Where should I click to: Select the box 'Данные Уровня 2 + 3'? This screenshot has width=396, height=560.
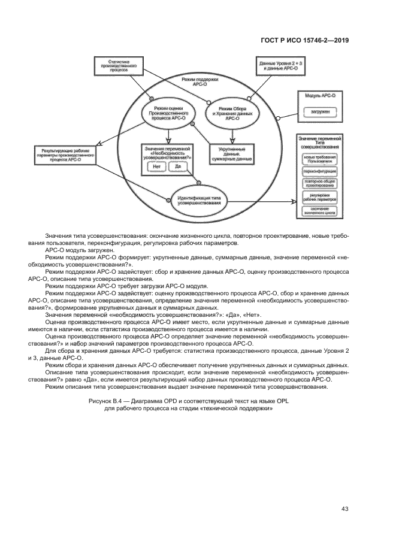[x=280, y=65]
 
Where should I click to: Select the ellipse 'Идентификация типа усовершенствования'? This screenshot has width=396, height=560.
[x=199, y=200]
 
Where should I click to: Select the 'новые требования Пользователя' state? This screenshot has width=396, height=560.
[x=319, y=159]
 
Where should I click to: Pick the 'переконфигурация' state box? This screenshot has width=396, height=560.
[x=319, y=172]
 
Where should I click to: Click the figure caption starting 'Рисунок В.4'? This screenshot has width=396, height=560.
[x=197, y=404]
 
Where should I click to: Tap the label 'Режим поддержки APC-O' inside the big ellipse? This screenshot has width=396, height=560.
[x=199, y=81]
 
